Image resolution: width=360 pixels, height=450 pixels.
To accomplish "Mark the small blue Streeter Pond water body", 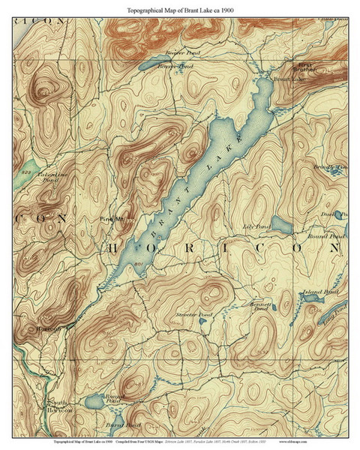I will coord(203,324).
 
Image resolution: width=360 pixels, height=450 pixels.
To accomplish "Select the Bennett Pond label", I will coord(257,308).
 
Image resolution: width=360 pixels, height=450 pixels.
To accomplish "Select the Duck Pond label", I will coord(333,214).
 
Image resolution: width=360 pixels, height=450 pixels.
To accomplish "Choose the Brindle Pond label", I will coord(328,167).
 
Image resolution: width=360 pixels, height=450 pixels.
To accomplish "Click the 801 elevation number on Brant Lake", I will coord(139,265).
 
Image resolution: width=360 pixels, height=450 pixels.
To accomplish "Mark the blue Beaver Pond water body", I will coord(159,61).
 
